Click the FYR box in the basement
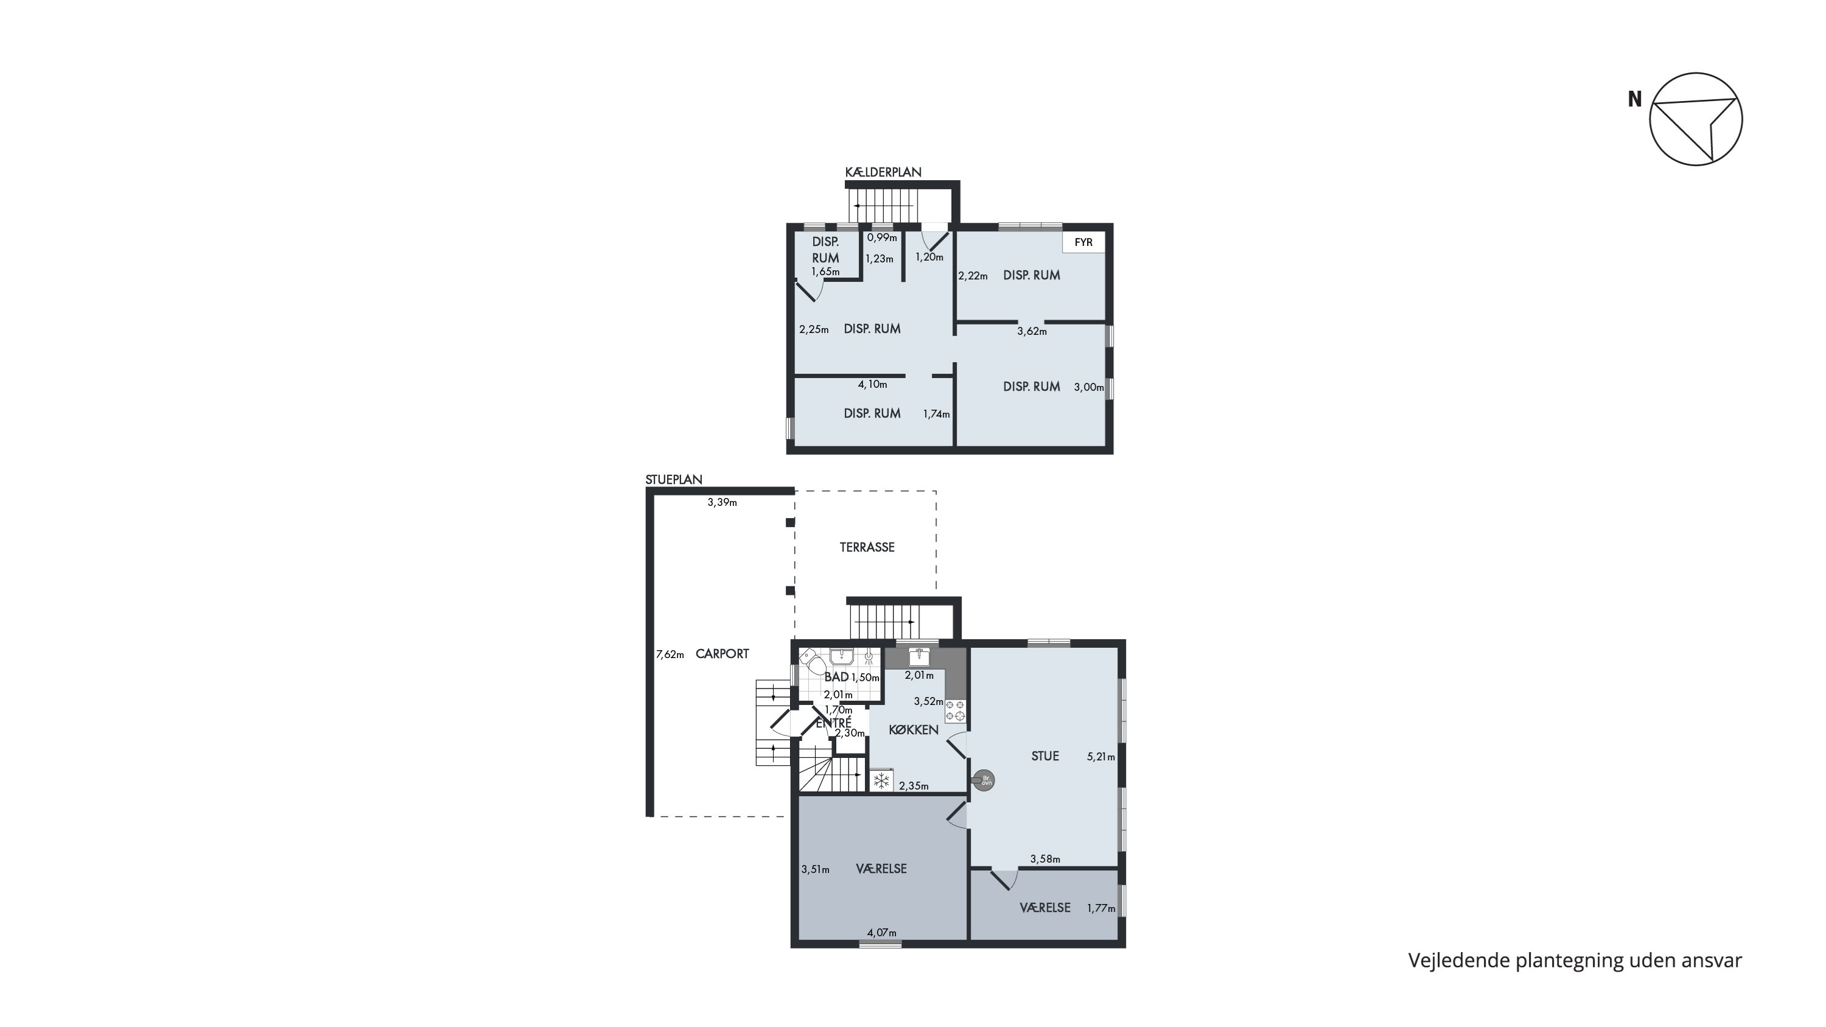click(x=1083, y=242)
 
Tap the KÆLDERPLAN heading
click(x=883, y=172)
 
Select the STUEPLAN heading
click(x=673, y=480)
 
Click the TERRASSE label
click(x=867, y=547)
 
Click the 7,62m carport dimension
click(x=670, y=655)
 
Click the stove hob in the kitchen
click(x=955, y=711)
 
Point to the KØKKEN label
click(x=914, y=730)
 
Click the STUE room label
click(x=1045, y=756)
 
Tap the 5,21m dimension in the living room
click(x=1101, y=757)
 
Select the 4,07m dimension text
click(x=882, y=933)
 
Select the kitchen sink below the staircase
click(x=919, y=657)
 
